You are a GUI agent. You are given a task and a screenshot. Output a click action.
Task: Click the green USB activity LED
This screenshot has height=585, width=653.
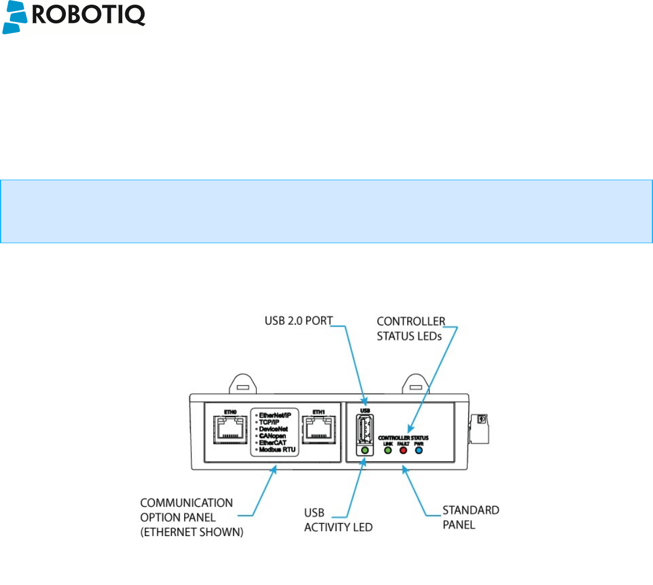365,451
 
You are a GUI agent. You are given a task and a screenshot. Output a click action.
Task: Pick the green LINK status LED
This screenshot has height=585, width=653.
387,451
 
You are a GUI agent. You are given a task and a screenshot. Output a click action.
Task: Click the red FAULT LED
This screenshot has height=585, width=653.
403,451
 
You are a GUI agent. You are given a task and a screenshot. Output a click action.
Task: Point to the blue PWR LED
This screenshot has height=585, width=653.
418,451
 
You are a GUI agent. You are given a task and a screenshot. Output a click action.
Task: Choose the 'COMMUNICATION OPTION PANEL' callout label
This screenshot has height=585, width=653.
186,509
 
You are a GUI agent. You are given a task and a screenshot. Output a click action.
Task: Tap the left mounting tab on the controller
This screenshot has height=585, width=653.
243,385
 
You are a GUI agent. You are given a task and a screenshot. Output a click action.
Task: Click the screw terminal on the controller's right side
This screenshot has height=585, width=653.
481,419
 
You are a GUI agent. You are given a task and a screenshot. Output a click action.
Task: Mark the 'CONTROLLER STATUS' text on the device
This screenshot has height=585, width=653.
403,437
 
